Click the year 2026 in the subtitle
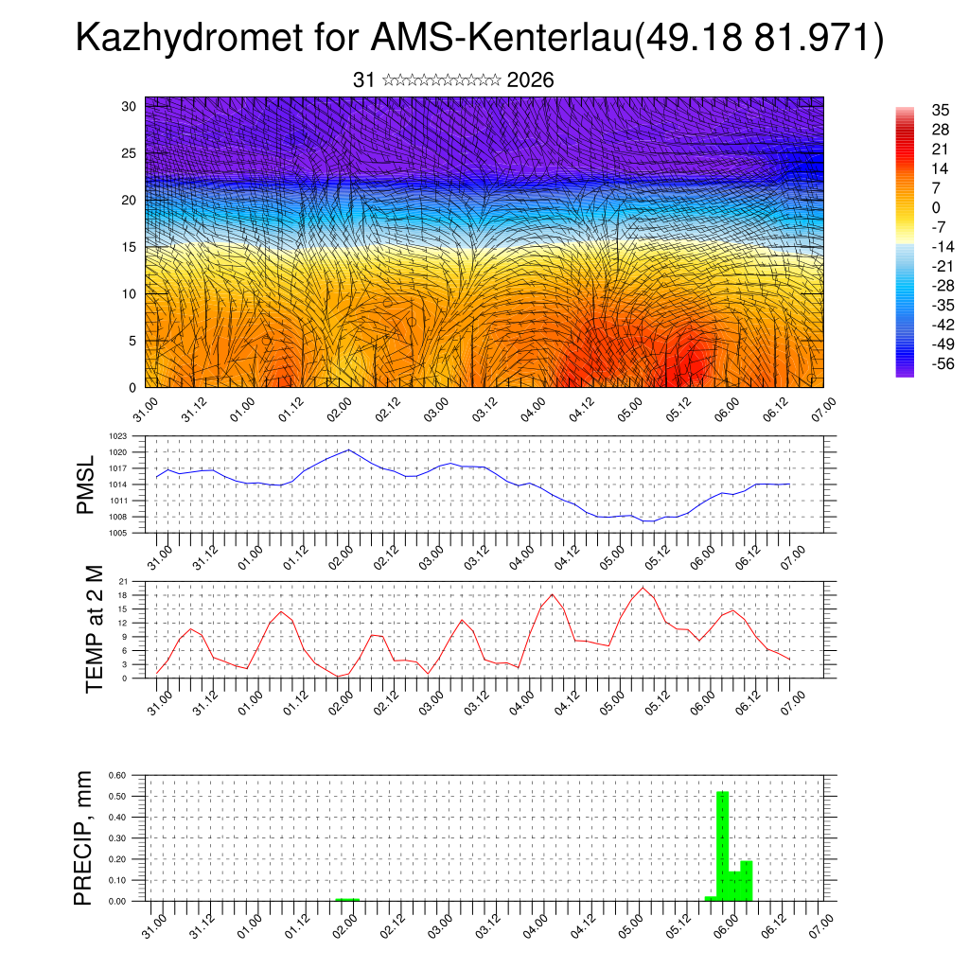530,80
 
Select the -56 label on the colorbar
915,364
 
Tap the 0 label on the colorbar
910,207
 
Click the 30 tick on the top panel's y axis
130,106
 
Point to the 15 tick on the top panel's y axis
130,247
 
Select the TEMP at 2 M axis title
93,627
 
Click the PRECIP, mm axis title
85,837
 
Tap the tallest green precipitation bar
722,845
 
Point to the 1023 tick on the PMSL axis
117,437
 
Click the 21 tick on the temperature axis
123,581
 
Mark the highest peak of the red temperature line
643,588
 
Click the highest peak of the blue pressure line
349,449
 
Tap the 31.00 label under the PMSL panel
159,556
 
